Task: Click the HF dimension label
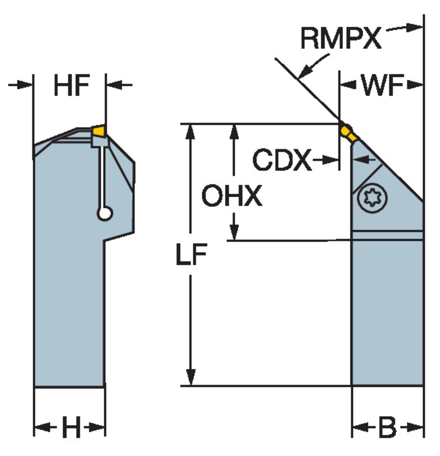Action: [x=72, y=85]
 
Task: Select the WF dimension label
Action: [x=382, y=85]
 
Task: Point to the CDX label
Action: [x=282, y=160]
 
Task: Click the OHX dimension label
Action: [x=232, y=196]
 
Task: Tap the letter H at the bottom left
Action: [x=71, y=427]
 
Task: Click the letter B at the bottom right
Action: [x=388, y=427]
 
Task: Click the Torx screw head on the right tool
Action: [x=372, y=198]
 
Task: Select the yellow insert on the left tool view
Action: [x=99, y=131]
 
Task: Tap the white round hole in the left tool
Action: [x=105, y=214]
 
